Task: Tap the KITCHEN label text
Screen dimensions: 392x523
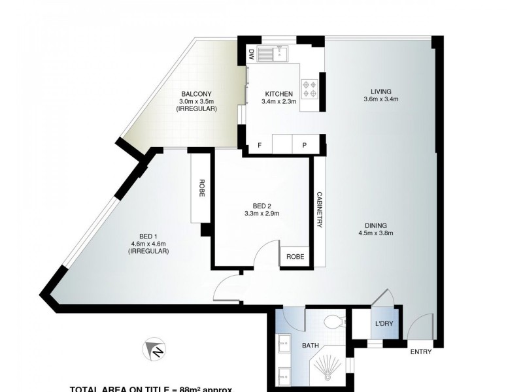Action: coord(278,93)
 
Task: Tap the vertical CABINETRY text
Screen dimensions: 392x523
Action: coord(319,210)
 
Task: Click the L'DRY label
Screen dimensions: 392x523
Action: coord(384,325)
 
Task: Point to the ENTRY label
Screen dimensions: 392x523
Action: coord(422,353)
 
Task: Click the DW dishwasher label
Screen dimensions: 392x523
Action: coord(251,56)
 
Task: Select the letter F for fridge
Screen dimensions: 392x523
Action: coord(260,145)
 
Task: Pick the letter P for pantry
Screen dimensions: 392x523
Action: coord(305,145)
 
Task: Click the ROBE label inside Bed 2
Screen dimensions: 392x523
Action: coord(292,257)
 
